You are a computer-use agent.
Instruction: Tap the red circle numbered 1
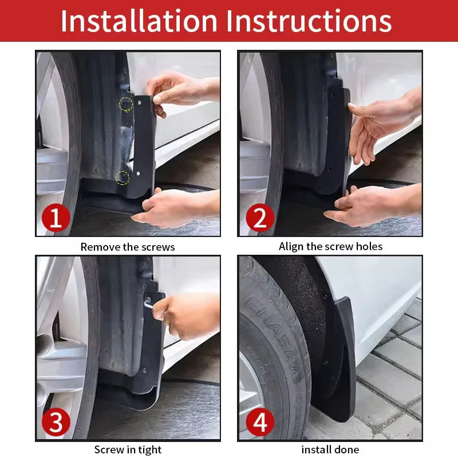point(56,218)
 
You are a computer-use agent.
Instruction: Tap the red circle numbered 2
point(259,218)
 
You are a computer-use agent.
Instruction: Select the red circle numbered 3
point(56,424)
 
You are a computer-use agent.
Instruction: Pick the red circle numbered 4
point(259,424)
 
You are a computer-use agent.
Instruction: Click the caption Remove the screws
point(127,247)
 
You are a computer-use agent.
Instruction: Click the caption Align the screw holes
point(330,247)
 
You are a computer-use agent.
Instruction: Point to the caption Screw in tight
point(127,450)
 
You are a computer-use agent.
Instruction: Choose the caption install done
point(330,450)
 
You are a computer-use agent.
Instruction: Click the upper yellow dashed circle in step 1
point(125,104)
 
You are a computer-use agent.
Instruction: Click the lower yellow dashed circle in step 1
point(123,178)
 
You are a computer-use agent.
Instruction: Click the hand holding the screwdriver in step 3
point(186,315)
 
